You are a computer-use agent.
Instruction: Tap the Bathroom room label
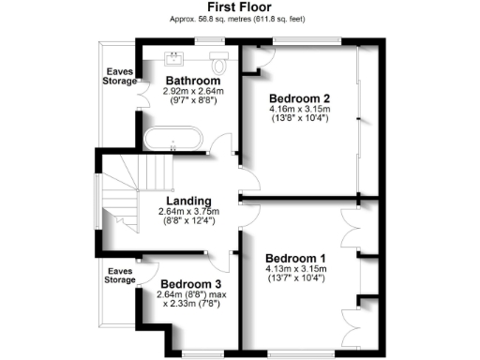click(x=193, y=81)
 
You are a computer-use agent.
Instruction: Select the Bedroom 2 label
click(x=299, y=98)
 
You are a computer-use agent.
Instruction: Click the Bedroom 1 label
click(x=295, y=258)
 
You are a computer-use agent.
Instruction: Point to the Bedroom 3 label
click(x=190, y=284)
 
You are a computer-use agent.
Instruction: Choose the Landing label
click(x=187, y=201)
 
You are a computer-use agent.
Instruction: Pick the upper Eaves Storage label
click(x=119, y=75)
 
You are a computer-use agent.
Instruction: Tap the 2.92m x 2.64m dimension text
click(x=193, y=92)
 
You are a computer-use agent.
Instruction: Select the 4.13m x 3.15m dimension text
click(x=295, y=270)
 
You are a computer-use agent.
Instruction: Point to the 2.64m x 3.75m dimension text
click(x=187, y=212)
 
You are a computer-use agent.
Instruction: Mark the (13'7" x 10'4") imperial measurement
click(x=295, y=279)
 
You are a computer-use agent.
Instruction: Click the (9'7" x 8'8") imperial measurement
click(x=193, y=101)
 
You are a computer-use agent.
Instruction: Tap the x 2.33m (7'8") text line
click(x=191, y=305)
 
